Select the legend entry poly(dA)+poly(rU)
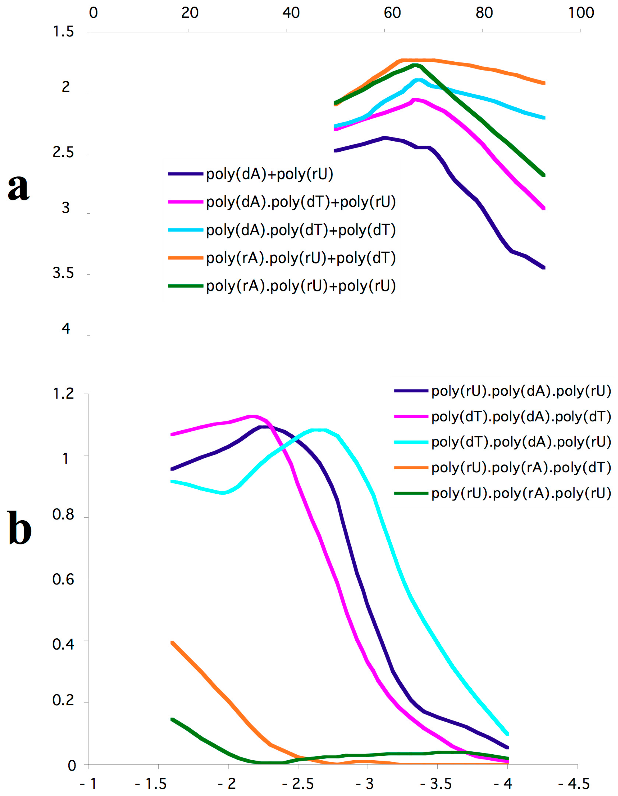point(270,174)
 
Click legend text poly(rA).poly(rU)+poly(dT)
point(301,258)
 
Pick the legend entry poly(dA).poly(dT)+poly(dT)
point(301,230)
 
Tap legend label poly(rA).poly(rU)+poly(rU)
point(301,286)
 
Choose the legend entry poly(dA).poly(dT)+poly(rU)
point(301,202)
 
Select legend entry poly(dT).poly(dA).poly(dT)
point(521,416)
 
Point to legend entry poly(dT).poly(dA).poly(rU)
point(521,442)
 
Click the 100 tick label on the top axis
point(581,13)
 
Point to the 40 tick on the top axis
point(291,13)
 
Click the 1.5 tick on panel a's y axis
point(63,32)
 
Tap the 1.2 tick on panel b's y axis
point(63,394)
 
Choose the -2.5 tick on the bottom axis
point(298,784)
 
